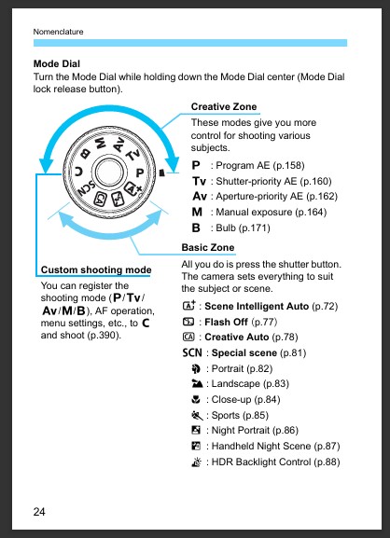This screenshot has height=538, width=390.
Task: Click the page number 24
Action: point(39,512)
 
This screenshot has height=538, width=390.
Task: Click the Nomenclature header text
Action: point(58,32)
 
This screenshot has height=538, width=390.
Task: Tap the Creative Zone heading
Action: point(225,107)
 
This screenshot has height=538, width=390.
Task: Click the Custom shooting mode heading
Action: point(96,270)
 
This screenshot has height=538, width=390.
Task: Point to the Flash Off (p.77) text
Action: point(235,321)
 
